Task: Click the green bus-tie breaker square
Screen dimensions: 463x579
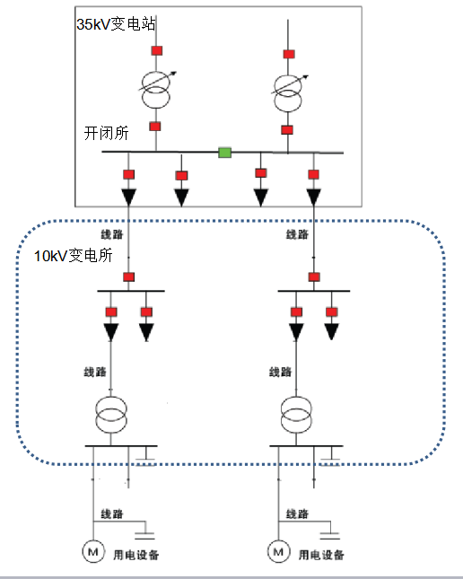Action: coord(225,153)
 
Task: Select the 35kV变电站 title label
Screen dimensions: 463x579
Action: coord(116,24)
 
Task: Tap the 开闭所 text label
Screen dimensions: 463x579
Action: coord(107,133)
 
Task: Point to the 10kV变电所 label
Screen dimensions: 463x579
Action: coord(73,256)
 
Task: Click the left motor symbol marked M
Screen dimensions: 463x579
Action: coord(93,552)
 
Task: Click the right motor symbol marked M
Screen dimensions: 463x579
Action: coord(279,552)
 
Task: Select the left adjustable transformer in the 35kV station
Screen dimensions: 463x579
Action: coord(156,89)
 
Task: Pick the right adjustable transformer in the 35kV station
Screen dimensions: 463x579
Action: coord(288,92)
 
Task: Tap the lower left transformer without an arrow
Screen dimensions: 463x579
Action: coord(110,415)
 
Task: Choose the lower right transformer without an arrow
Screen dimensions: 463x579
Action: coord(296,415)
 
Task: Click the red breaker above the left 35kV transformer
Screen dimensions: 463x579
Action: coord(157,50)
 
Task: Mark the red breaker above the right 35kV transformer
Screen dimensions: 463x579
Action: coord(289,54)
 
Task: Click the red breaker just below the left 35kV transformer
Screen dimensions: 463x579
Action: coord(155,127)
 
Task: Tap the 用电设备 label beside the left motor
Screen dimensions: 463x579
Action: coord(135,555)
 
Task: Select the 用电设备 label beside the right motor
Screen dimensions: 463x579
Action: coord(321,555)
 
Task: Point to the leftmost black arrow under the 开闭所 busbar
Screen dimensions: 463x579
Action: coord(129,197)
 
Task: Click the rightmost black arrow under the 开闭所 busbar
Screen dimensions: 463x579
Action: coord(314,197)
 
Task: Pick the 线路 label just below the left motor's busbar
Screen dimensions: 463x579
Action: coord(112,513)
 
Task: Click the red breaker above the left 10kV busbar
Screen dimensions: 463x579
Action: coord(129,277)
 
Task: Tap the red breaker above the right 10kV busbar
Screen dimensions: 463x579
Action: coord(314,277)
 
